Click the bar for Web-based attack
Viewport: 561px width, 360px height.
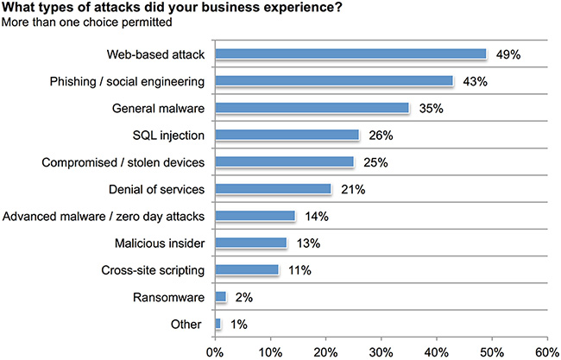tap(350, 54)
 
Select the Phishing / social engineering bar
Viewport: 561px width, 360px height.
tap(334, 80)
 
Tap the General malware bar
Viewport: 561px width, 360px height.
tap(312, 108)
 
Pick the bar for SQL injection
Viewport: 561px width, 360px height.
tap(287, 135)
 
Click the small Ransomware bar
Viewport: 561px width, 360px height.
tap(220, 296)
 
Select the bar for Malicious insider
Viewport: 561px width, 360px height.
tap(250, 243)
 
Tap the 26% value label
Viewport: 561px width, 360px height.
tap(381, 135)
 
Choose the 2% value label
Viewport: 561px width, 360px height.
tap(243, 297)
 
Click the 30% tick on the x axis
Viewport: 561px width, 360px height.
tap(381, 351)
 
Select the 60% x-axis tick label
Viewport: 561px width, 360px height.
tap(546, 351)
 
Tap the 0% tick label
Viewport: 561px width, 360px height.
tap(215, 351)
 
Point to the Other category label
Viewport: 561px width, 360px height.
tap(190, 325)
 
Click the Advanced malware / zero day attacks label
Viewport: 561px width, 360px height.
tap(104, 216)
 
